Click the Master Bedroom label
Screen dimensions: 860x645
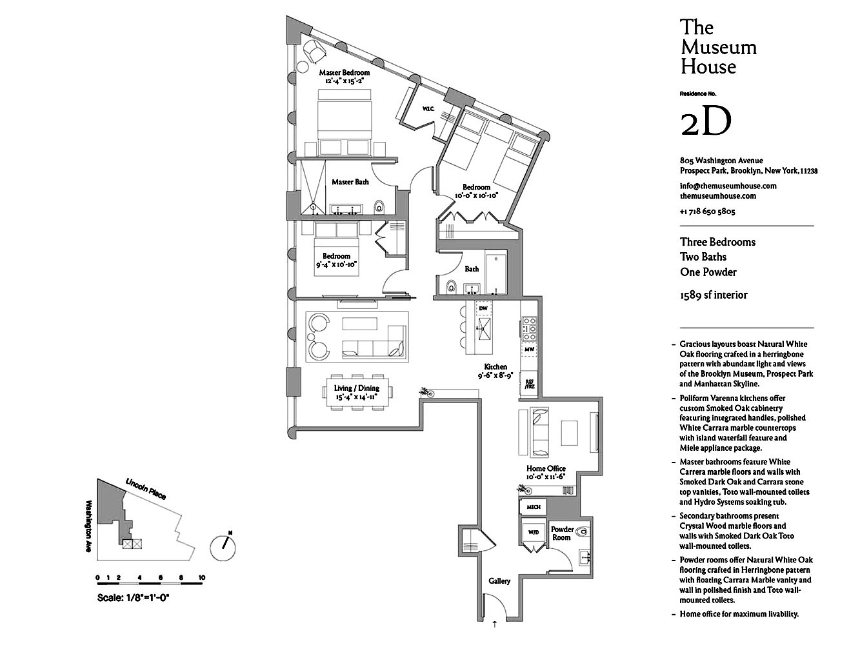pos(345,72)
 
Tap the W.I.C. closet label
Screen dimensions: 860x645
pos(428,109)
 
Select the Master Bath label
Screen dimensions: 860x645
pos(350,182)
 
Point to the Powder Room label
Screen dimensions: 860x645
pos(562,533)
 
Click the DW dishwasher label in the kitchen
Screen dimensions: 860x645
pos(483,308)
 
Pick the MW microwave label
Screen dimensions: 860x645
pos(529,349)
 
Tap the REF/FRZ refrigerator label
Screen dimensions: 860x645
pos(529,384)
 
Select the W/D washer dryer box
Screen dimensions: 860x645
pos(534,532)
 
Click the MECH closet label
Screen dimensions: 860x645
pos(534,507)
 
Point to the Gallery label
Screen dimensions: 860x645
pos(499,580)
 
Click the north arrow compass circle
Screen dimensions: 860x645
pos(223,548)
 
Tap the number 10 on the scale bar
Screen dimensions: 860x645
pos(201,577)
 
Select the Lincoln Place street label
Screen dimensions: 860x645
pos(146,489)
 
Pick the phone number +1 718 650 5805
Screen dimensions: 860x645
pos(708,212)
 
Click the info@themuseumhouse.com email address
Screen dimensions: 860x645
pos(728,186)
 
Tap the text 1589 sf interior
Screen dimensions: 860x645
pos(714,295)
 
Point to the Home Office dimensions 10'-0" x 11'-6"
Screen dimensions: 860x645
pos(546,477)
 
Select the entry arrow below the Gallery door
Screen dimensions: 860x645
pos(494,624)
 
